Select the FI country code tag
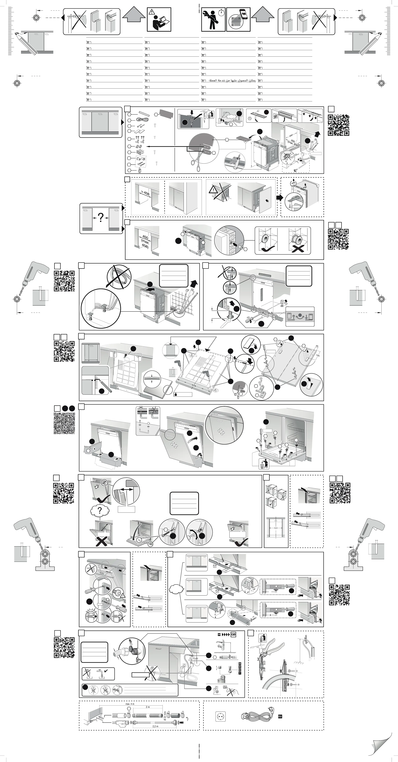[240, 673]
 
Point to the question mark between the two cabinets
[101, 218]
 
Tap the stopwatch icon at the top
[221, 13]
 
